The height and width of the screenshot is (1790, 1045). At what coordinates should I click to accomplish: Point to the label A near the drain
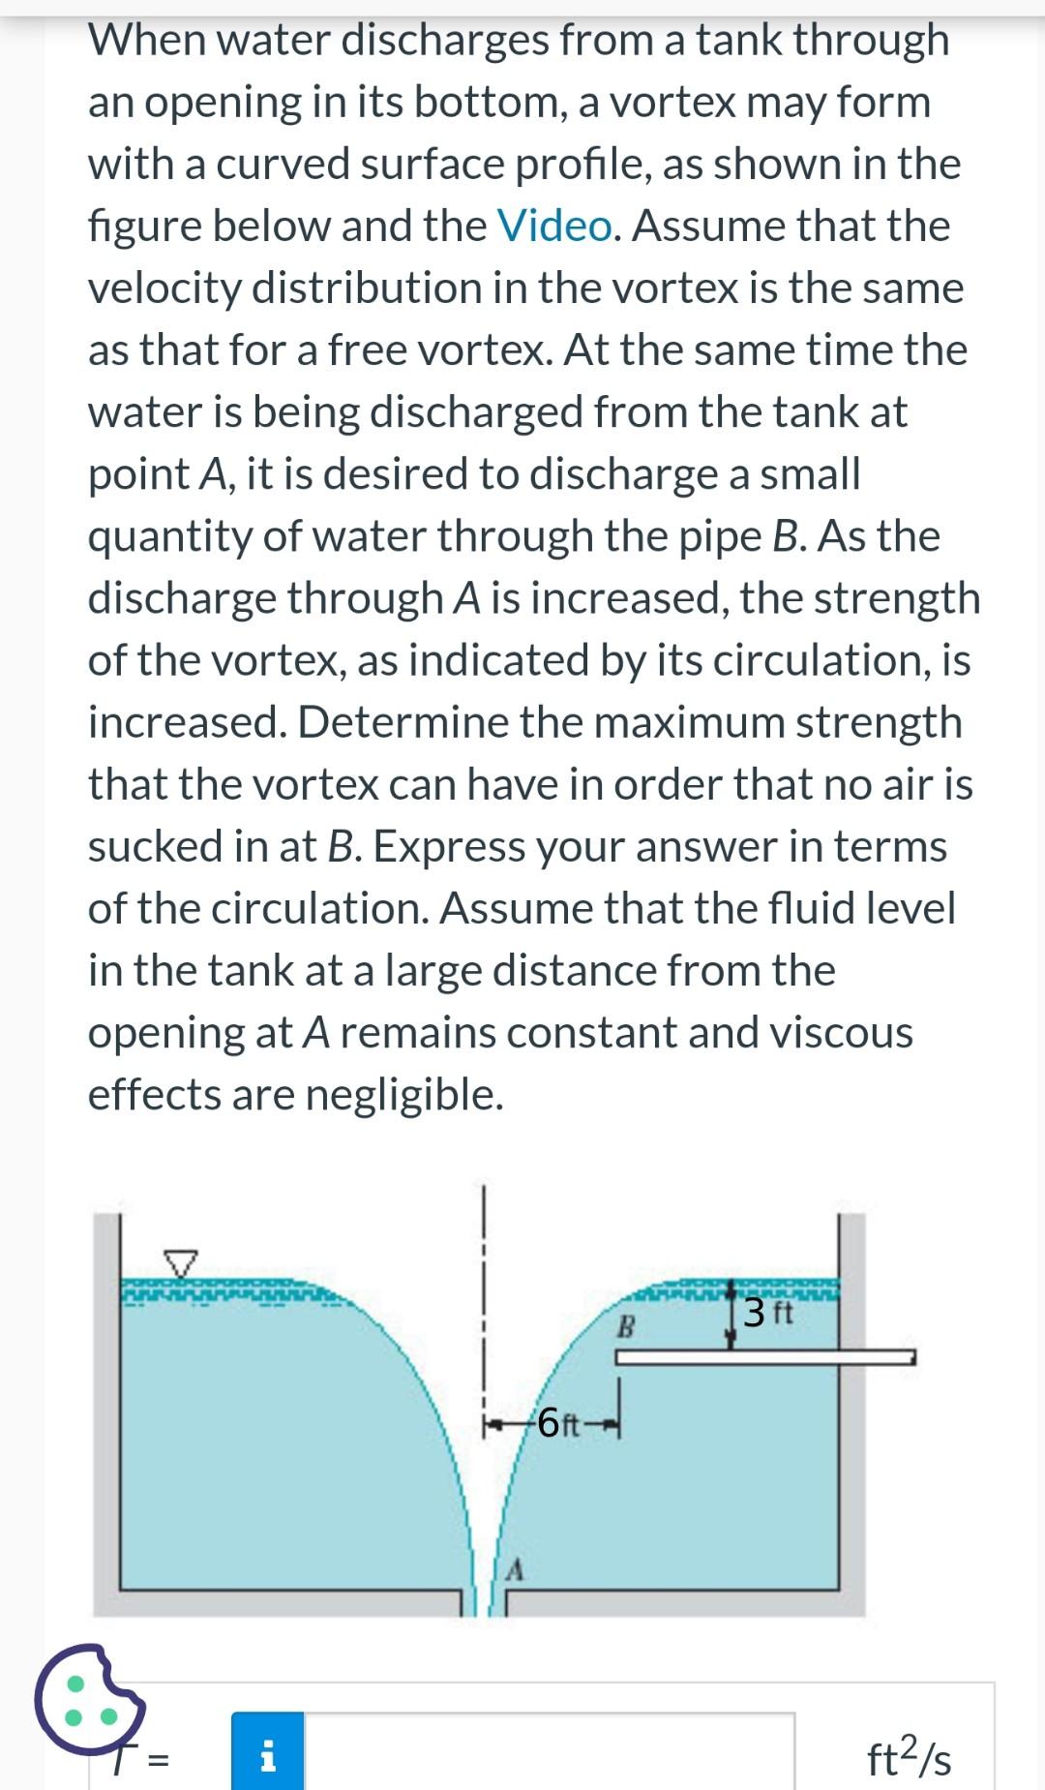[516, 1570]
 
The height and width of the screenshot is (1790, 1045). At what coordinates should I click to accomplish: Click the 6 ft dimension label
[558, 1423]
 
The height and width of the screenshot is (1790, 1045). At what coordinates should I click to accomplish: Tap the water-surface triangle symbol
[180, 1262]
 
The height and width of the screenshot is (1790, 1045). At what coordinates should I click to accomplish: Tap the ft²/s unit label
[909, 1757]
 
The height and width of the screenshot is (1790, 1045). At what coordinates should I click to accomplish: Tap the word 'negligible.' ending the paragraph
[404, 1095]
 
